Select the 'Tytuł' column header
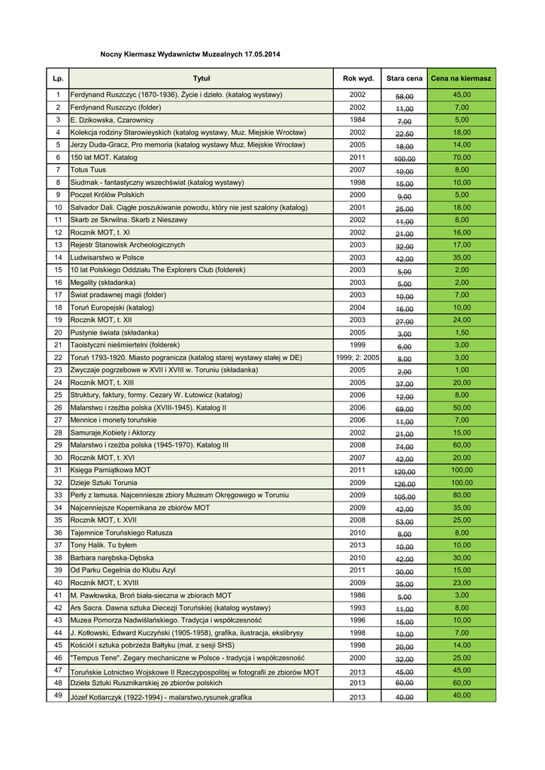click(201, 78)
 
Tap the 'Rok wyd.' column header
click(357, 78)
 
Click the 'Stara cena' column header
click(404, 78)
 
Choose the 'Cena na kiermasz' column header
click(461, 78)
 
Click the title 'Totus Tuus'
click(88, 170)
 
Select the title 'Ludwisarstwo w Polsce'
click(107, 257)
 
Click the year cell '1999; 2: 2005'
click(357, 357)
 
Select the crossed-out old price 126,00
click(404, 484)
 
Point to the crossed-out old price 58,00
click(404, 95)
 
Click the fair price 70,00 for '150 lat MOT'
click(462, 157)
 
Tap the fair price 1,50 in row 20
click(462, 332)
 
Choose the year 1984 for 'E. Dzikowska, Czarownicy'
click(357, 120)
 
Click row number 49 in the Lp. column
click(58, 696)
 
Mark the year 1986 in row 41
click(357, 596)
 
